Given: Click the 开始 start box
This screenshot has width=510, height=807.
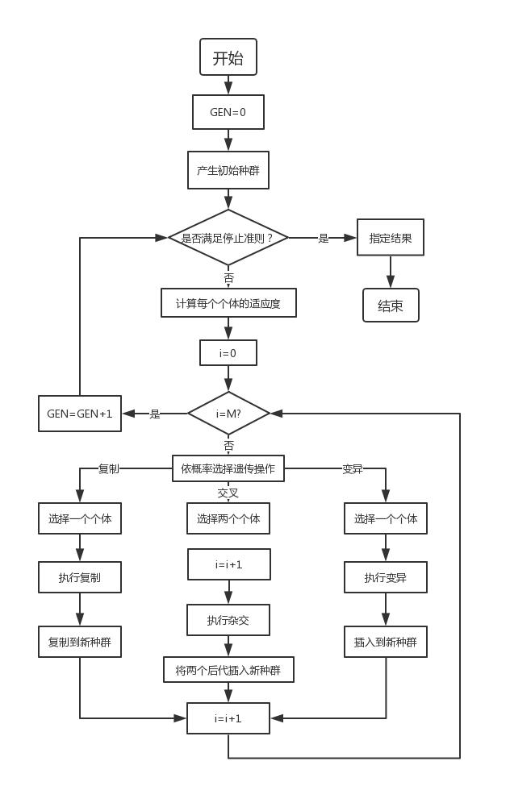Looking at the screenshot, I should coord(228,58).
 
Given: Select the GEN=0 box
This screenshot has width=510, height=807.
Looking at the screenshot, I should coord(228,112).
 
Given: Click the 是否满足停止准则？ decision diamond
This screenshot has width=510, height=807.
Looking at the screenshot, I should coord(228,238).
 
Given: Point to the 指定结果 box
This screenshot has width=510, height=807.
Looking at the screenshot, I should coord(391,239).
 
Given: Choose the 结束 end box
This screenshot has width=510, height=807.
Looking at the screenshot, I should coord(391,306).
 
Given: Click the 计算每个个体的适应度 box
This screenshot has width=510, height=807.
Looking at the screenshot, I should coord(228,304).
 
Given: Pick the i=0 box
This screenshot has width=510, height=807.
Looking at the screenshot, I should coord(228,352).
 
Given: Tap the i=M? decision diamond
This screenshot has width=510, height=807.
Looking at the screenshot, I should coord(228,413).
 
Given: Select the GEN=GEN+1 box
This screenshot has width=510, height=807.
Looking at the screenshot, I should coord(80,413).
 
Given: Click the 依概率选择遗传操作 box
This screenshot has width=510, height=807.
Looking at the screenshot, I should coord(228,468).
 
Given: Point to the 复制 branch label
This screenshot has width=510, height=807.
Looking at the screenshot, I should coord(108,469).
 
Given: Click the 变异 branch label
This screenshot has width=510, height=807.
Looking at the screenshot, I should coord(353,469).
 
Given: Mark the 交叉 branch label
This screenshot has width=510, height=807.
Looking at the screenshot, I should coord(228,492).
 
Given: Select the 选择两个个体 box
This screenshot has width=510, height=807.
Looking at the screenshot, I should coord(228,519).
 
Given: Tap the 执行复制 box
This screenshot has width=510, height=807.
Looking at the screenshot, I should coord(80,577).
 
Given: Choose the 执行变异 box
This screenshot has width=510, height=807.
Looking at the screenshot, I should coord(385,577).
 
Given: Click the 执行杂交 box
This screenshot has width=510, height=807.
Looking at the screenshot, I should coord(228,620).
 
